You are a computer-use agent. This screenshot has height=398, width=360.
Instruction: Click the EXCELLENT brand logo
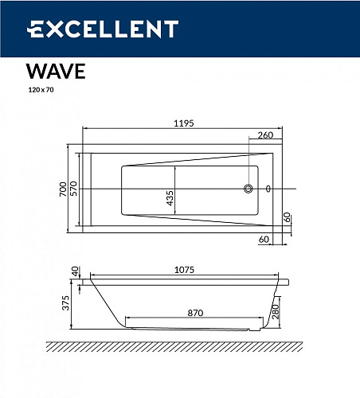point(104,30)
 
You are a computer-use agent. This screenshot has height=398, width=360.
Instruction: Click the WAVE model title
point(53,71)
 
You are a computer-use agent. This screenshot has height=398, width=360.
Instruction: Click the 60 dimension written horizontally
point(263,237)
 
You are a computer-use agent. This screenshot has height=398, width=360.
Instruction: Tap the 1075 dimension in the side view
point(185,271)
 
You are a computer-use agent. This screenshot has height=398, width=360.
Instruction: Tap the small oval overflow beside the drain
point(268,189)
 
